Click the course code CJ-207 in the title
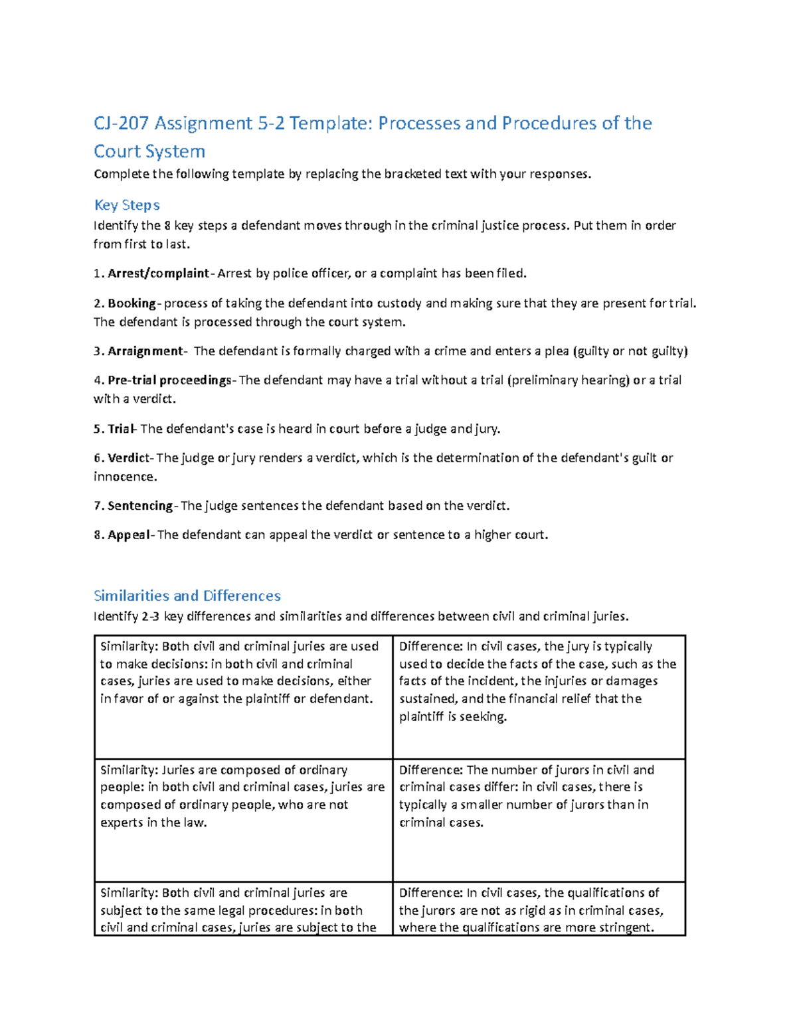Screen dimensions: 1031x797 122,123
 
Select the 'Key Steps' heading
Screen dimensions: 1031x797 127,205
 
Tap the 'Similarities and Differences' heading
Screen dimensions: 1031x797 187,595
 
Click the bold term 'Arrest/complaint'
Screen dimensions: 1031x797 158,274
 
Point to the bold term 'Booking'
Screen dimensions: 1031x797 132,303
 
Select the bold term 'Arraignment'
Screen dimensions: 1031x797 145,351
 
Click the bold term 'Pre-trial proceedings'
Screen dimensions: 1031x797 169,380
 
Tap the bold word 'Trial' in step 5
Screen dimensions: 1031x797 121,429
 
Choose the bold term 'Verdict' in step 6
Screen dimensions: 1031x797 129,458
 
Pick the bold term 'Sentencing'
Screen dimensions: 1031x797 139,506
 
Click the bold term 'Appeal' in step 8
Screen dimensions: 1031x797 129,535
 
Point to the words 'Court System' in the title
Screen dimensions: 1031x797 149,152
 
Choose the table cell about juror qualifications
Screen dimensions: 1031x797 539,910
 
